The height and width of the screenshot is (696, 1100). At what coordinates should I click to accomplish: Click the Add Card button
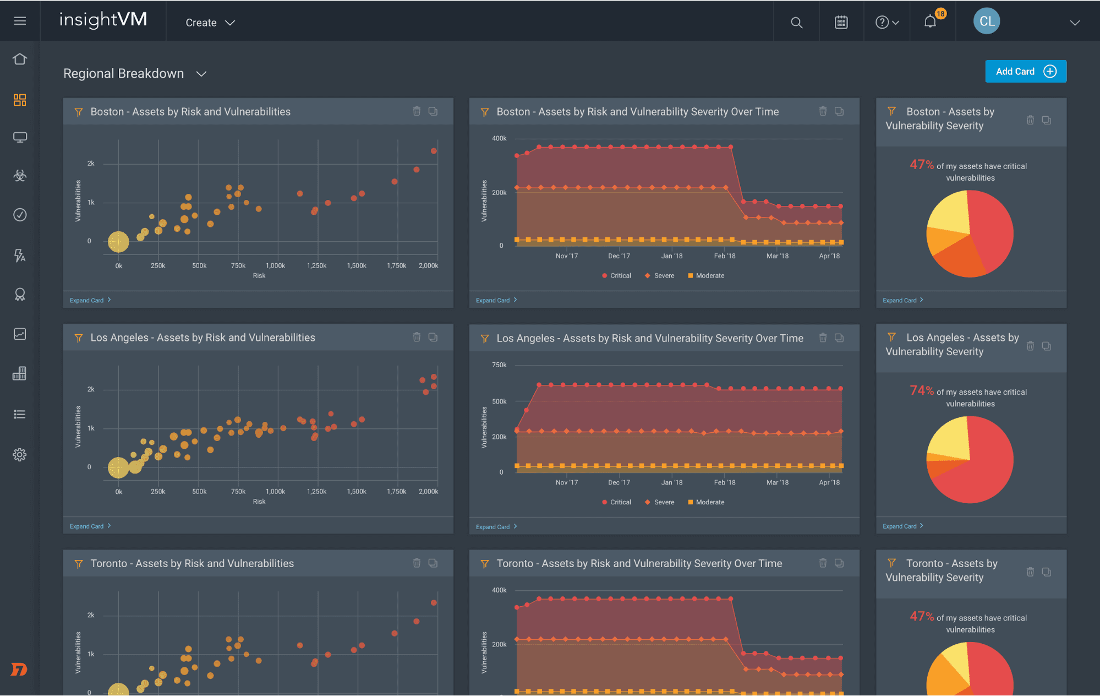click(x=1025, y=72)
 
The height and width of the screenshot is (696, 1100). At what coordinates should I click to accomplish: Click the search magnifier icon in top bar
click(x=796, y=23)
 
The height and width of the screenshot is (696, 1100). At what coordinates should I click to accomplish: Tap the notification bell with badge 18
click(x=931, y=22)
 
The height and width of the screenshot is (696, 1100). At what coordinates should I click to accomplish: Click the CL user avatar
click(x=986, y=21)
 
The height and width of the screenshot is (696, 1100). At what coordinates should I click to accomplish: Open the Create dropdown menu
click(x=210, y=23)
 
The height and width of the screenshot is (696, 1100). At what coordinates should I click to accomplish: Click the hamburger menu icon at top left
click(x=20, y=21)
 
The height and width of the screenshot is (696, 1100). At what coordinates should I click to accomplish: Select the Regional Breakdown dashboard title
click(x=124, y=74)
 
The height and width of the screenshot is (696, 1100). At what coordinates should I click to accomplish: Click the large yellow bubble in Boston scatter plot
click(x=118, y=242)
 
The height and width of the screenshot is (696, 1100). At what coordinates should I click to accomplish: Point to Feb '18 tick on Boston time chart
click(x=724, y=256)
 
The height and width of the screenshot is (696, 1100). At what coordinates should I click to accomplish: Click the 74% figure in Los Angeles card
click(x=921, y=391)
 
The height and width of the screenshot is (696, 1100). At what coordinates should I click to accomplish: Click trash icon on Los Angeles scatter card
click(x=417, y=337)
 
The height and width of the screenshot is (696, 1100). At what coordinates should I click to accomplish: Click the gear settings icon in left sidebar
click(x=20, y=454)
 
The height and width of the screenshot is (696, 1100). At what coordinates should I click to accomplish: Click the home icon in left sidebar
click(x=20, y=59)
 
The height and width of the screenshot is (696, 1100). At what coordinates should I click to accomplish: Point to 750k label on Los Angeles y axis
click(x=499, y=365)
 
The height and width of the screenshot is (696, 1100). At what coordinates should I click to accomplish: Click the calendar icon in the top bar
click(x=841, y=23)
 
